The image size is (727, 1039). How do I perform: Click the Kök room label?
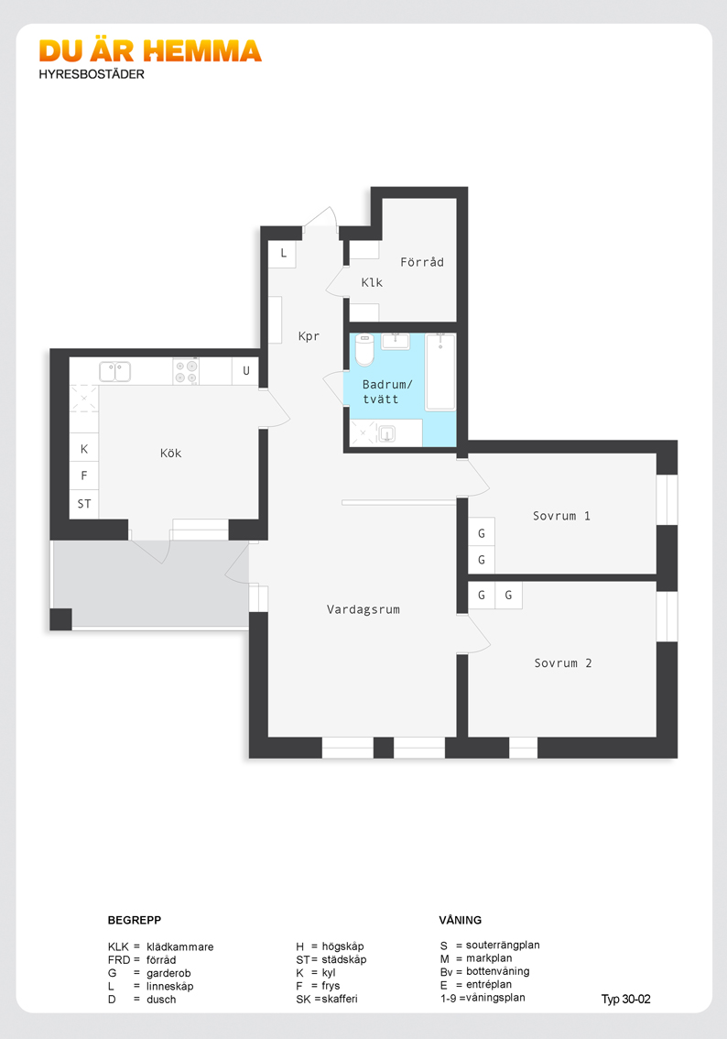170,454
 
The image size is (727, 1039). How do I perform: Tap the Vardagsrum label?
363,609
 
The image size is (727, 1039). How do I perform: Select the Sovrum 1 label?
561,516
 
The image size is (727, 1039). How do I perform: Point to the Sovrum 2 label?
563,663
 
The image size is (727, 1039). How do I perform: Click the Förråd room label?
422,262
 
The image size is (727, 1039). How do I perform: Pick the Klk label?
372,282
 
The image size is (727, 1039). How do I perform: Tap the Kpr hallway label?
309,336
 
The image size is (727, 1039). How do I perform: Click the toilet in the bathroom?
364,349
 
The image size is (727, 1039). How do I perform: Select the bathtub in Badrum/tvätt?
440,372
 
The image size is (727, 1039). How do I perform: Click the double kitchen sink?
115,372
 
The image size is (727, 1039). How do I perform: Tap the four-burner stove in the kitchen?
186,372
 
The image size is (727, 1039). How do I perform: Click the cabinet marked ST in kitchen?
84,504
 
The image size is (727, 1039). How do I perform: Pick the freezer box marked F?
84,476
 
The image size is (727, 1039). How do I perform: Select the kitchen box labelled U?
245,371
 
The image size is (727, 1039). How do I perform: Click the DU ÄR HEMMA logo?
150,51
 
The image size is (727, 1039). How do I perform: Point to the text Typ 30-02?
625,1000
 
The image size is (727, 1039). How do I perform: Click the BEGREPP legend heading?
135,920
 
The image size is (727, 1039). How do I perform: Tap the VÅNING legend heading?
461,920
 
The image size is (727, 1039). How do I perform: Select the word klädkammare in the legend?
180,946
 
